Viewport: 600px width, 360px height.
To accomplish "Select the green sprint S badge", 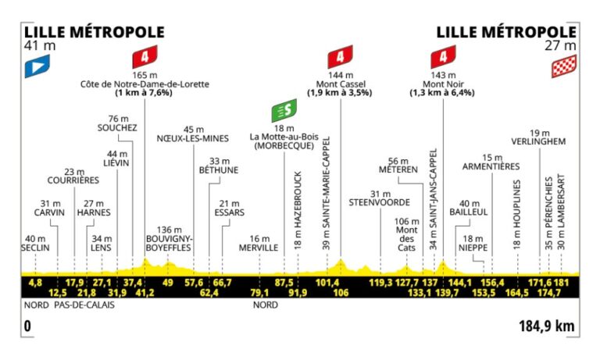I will click(x=283, y=111).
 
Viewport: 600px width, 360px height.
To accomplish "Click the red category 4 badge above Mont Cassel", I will click(x=341, y=57).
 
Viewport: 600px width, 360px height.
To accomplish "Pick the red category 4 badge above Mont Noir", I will click(x=443, y=57).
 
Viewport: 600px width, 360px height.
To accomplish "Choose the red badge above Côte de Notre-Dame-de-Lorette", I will click(x=144, y=57).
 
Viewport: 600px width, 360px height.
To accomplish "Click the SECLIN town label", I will click(x=36, y=248).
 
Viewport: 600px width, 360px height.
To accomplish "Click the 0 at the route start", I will click(x=27, y=326).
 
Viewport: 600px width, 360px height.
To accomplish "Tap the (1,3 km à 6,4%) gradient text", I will click(x=443, y=93).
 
